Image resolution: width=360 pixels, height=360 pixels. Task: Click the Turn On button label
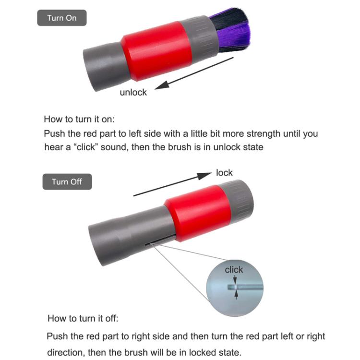click(61, 18)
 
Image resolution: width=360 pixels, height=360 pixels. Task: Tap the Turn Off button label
click(67, 182)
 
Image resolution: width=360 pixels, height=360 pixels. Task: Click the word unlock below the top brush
click(133, 92)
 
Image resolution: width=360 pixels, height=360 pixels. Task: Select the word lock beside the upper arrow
click(224, 172)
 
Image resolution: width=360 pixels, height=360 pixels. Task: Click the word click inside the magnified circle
click(234, 270)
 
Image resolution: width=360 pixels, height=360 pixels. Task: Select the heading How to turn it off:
click(83, 319)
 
